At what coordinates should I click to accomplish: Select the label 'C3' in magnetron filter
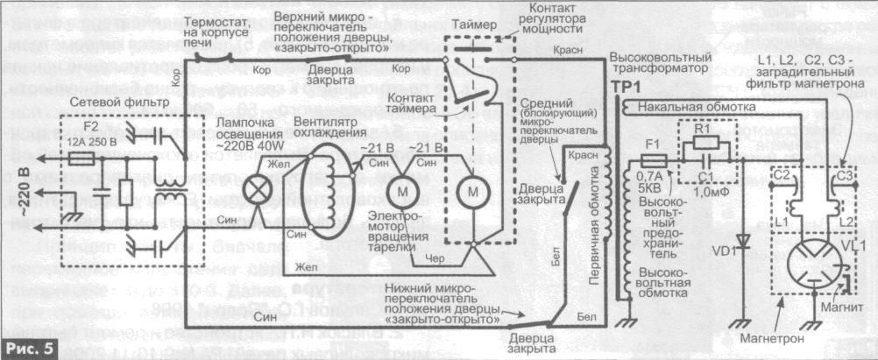point(845,176)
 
